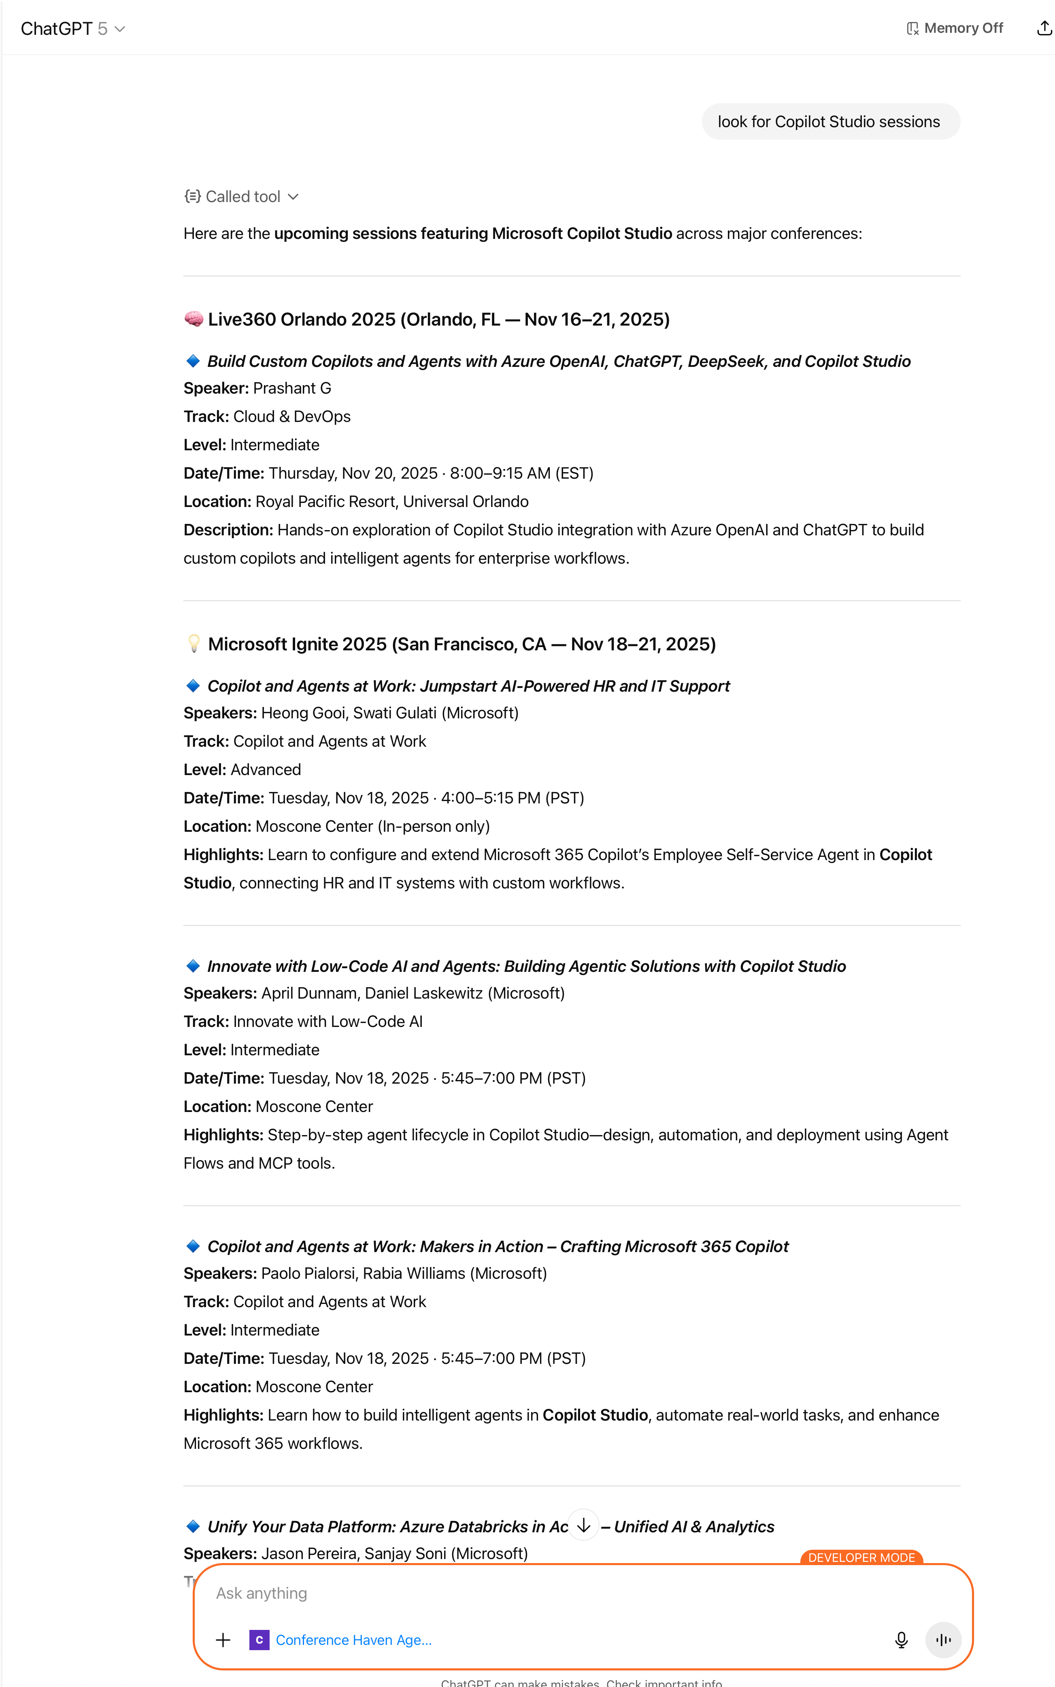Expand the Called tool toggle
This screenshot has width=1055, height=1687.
coord(242,197)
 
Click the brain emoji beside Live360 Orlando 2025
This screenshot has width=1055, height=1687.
coord(194,319)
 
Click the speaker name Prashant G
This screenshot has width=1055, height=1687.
coord(291,388)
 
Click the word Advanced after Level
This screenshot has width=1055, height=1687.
coord(266,770)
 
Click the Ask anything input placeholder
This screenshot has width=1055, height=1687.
coord(262,1593)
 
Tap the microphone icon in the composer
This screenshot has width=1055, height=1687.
coord(901,1640)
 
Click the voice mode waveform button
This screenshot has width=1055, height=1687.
coord(943,1640)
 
